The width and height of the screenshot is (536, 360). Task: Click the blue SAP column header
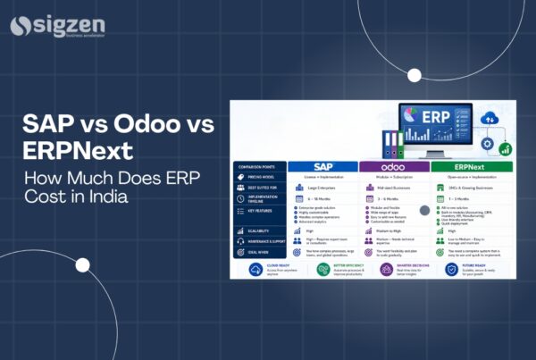(x=323, y=166)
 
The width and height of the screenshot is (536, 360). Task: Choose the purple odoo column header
(x=394, y=166)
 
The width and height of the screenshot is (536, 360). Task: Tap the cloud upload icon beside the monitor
(x=489, y=117)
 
